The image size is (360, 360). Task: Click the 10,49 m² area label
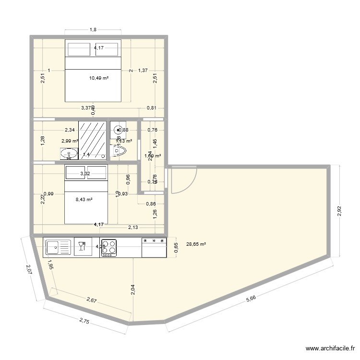point(99,78)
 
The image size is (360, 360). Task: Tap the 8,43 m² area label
point(84,200)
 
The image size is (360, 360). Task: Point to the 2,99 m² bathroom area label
point(70,141)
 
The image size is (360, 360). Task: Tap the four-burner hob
point(108,247)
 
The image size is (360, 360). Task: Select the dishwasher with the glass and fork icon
point(81,247)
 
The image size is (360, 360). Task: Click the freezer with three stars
point(154,247)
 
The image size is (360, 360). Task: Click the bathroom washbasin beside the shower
point(69,154)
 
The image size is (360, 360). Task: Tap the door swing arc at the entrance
point(187,180)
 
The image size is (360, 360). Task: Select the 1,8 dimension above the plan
point(93,30)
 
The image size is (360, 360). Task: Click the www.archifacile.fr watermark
point(330,349)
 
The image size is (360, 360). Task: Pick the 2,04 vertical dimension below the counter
point(132,288)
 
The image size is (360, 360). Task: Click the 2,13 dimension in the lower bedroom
point(133,227)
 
